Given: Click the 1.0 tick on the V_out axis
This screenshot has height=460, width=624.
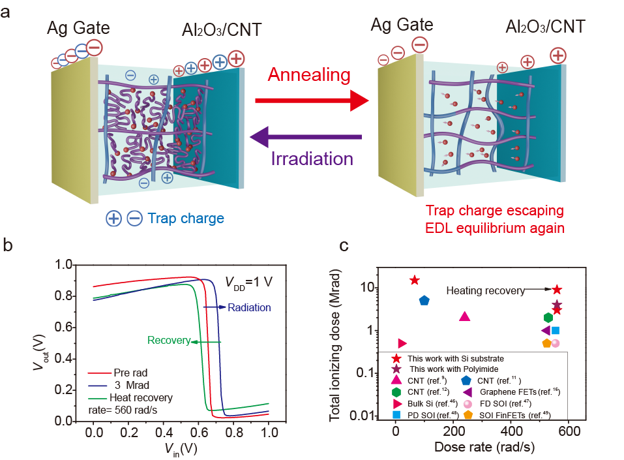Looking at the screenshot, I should [x=64, y=265].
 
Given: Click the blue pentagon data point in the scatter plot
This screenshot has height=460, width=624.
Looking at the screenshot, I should [x=424, y=300].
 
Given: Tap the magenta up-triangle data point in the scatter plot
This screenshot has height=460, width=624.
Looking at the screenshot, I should [x=465, y=316].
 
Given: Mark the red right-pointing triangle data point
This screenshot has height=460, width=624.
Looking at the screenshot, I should [x=402, y=343].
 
